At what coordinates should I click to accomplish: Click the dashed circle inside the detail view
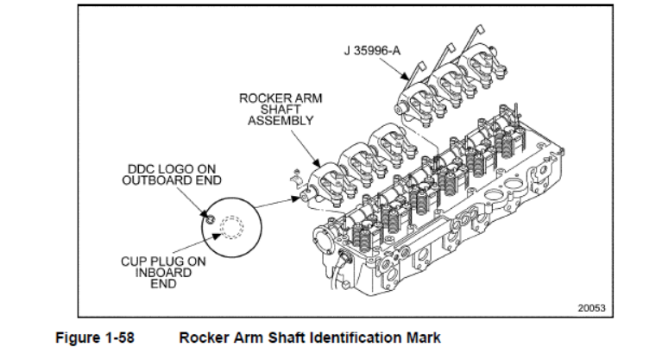(231, 228)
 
